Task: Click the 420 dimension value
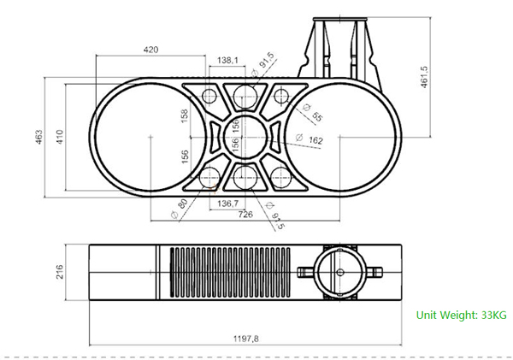[x=150, y=50]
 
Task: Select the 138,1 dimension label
[x=228, y=60]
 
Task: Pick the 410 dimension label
[x=60, y=137]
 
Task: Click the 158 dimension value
[x=185, y=115]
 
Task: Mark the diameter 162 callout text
[x=314, y=140]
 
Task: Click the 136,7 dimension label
[x=227, y=203]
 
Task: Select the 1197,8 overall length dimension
[x=246, y=339]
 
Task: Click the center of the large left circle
[x=150, y=137]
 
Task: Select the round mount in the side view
[x=339, y=273]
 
